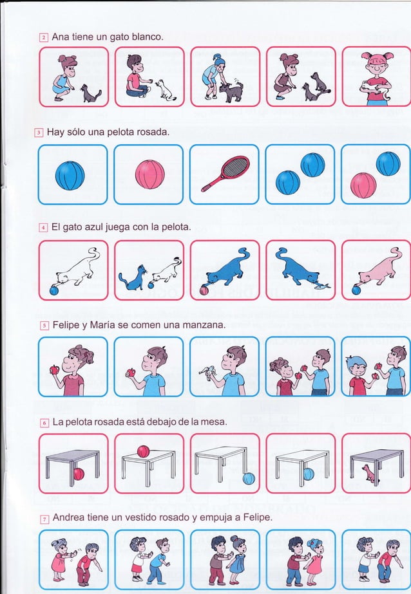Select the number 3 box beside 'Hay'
click(x=39, y=133)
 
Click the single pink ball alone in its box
click(x=149, y=174)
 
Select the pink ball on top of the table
click(x=143, y=451)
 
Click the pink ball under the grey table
click(x=79, y=474)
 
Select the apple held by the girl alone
click(x=55, y=369)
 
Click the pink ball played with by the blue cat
click(x=204, y=290)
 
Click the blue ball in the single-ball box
click(x=70, y=176)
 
